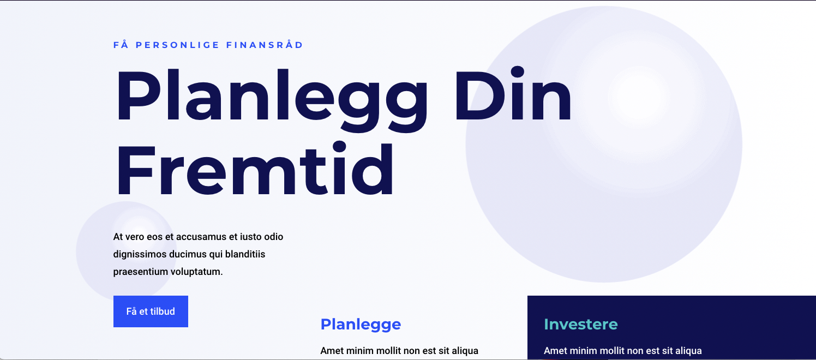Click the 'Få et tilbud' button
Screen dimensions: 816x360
(151, 311)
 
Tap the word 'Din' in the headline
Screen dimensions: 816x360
(513, 93)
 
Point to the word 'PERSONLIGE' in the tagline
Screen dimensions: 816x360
(177, 45)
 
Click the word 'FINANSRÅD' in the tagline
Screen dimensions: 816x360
(265, 44)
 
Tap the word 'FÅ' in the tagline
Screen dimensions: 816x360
(121, 44)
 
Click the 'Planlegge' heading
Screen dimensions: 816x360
(361, 325)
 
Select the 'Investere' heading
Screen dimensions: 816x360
(581, 325)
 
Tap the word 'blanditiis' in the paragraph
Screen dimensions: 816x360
(245, 254)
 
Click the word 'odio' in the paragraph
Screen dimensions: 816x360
(274, 237)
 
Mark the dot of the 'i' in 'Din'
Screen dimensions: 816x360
(517, 72)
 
